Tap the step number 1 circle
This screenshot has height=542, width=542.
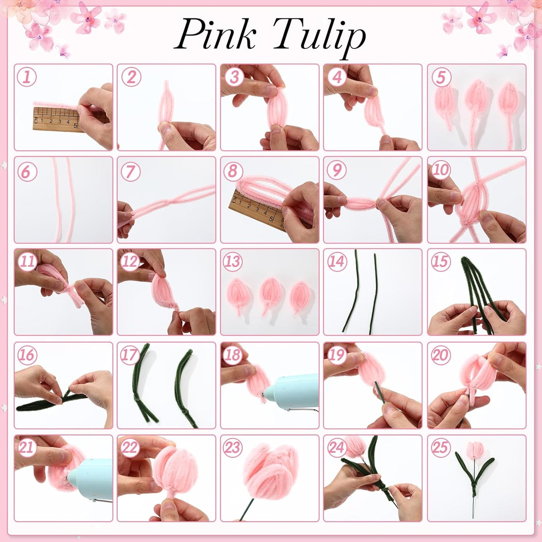(27, 77)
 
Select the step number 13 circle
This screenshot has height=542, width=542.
(233, 261)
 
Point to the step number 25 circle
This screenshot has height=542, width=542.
(440, 447)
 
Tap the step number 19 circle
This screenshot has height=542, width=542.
(336, 354)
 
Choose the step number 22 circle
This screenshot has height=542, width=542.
(130, 447)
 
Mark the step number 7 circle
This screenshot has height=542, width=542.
(130, 171)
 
